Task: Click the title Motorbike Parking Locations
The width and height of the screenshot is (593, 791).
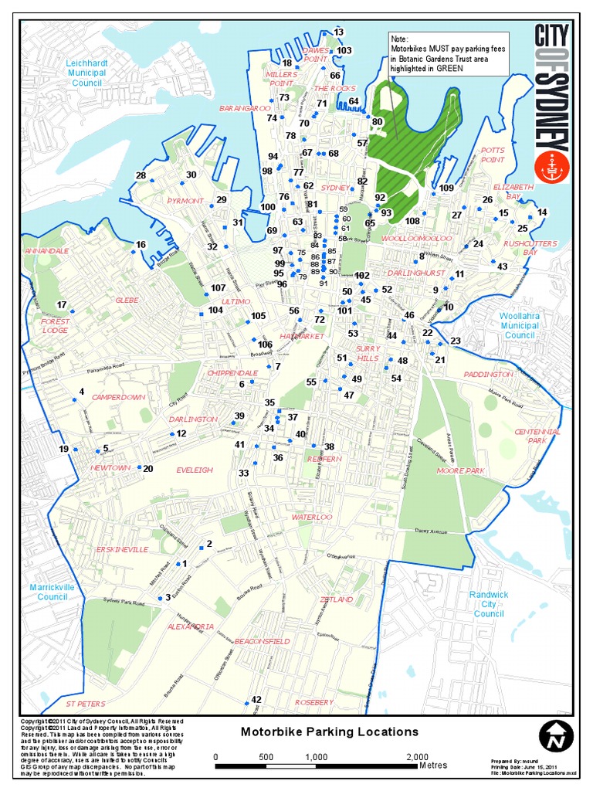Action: (330, 732)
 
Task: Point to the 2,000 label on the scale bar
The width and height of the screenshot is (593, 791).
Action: (417, 756)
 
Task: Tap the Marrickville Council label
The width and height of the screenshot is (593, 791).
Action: (53, 592)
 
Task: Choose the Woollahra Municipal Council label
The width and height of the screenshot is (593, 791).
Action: (520, 325)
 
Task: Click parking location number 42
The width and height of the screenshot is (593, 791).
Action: (256, 700)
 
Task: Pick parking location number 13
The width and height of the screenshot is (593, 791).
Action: (338, 32)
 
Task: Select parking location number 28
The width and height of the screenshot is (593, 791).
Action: (141, 175)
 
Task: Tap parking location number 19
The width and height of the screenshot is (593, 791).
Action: (64, 449)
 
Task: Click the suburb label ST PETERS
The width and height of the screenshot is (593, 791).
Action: (85, 704)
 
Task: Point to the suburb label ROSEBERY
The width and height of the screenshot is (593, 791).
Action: (313, 702)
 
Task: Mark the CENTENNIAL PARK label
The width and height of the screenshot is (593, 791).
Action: (537, 436)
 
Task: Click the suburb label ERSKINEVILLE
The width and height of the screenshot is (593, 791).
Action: (122, 549)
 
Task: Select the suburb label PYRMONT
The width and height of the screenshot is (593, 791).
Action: (185, 201)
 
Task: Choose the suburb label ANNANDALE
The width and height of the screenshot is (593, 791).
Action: (47, 251)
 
